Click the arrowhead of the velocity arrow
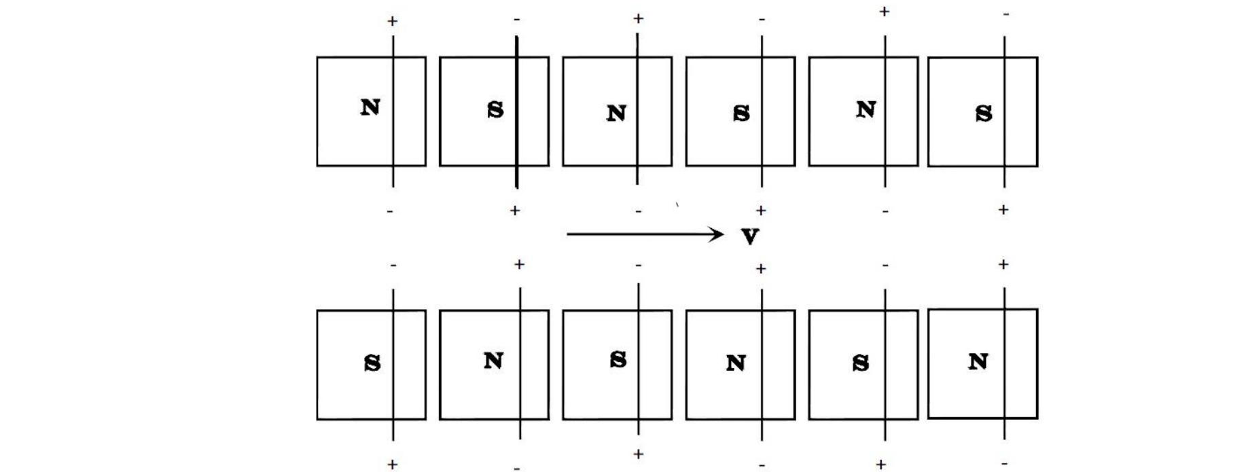[x=717, y=235]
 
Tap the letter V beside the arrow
[x=750, y=237]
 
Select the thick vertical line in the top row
[x=517, y=112]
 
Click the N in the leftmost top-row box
[x=370, y=107]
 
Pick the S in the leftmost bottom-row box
[x=372, y=363]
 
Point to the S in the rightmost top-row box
[x=983, y=113]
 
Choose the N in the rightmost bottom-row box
[x=978, y=362]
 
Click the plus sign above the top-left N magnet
[x=392, y=22]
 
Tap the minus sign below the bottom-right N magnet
[x=1005, y=464]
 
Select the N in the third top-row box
[x=616, y=113]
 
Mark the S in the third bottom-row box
[x=618, y=359]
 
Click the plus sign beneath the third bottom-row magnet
[x=638, y=454]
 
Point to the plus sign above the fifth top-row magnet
[x=884, y=12]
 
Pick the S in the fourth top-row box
[x=741, y=113]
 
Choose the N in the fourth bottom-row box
[x=736, y=363]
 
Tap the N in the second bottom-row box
[x=493, y=361]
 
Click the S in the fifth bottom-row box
[x=860, y=363]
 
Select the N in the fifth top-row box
[x=866, y=109]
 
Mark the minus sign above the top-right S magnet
[x=1005, y=14]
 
